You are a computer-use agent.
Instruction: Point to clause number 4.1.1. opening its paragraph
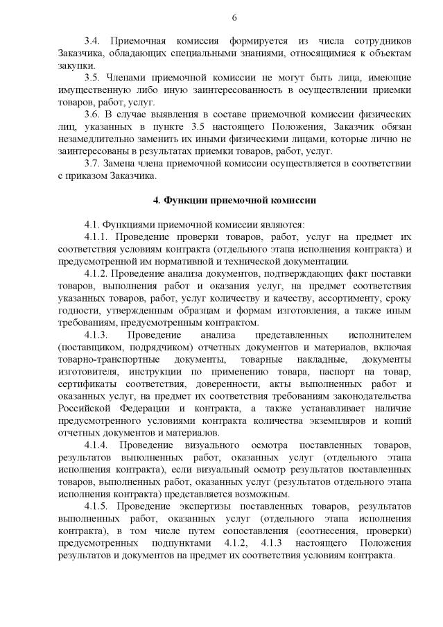click(x=96, y=237)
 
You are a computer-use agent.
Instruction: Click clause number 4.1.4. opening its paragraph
click(x=96, y=443)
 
